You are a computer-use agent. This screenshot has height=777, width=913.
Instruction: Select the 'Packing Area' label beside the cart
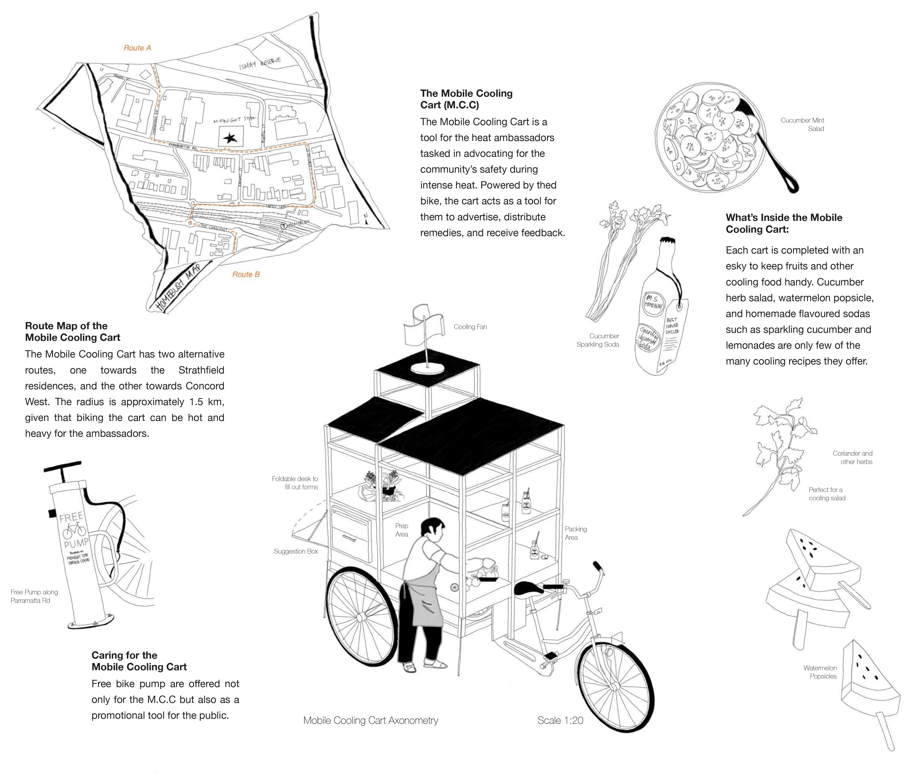[x=575, y=533]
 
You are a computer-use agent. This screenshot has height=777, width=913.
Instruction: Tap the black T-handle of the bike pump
[x=63, y=468]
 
